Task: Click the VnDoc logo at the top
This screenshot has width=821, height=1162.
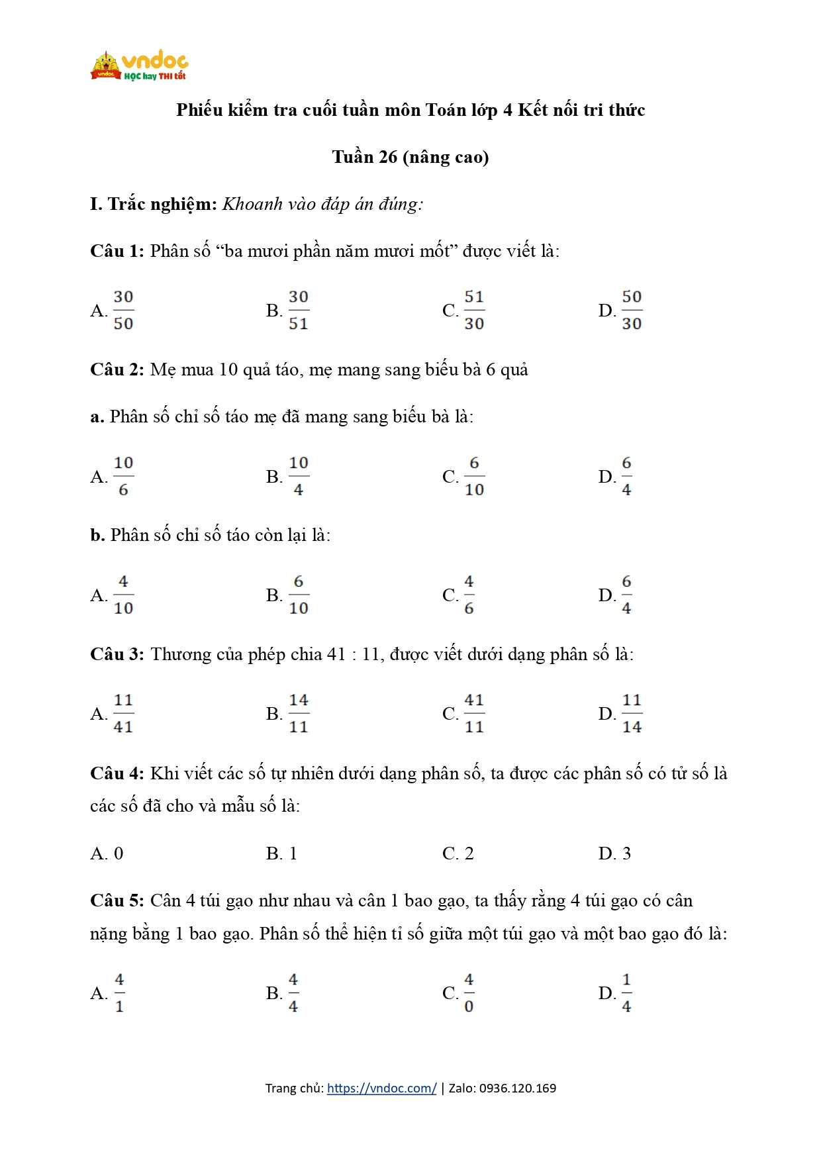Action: [x=139, y=66]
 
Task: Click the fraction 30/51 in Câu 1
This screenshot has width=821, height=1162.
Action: [x=299, y=310]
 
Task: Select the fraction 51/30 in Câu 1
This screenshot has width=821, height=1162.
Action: [x=474, y=310]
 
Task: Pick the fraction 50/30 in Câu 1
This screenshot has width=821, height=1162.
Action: [x=632, y=310]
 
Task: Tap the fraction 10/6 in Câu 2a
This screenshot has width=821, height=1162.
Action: [x=123, y=476]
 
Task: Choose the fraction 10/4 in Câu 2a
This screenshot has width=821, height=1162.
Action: [x=299, y=476]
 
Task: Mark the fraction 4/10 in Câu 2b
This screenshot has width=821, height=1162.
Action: [x=123, y=595]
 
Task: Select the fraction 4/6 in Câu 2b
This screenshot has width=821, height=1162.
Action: [x=469, y=595]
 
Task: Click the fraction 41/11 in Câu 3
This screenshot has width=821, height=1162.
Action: [x=474, y=713]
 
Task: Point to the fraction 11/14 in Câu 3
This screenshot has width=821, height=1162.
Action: [x=632, y=713]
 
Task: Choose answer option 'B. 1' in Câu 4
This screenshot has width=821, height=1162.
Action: [x=281, y=853]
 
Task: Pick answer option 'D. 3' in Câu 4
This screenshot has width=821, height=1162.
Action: [x=614, y=853]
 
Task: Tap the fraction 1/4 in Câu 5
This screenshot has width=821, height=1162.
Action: [x=626, y=993]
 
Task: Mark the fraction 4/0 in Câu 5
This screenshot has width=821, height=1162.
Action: [x=469, y=993]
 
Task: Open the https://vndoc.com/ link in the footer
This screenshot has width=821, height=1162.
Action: [x=381, y=1088]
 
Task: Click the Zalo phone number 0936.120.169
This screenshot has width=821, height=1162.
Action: [x=517, y=1088]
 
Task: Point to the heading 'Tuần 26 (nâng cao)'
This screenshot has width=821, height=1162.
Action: [x=410, y=157]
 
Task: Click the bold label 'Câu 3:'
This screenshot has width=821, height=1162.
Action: [x=117, y=654]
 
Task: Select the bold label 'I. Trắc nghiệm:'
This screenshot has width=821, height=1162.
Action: [x=154, y=204]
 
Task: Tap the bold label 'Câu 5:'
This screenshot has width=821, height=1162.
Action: [x=117, y=900]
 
